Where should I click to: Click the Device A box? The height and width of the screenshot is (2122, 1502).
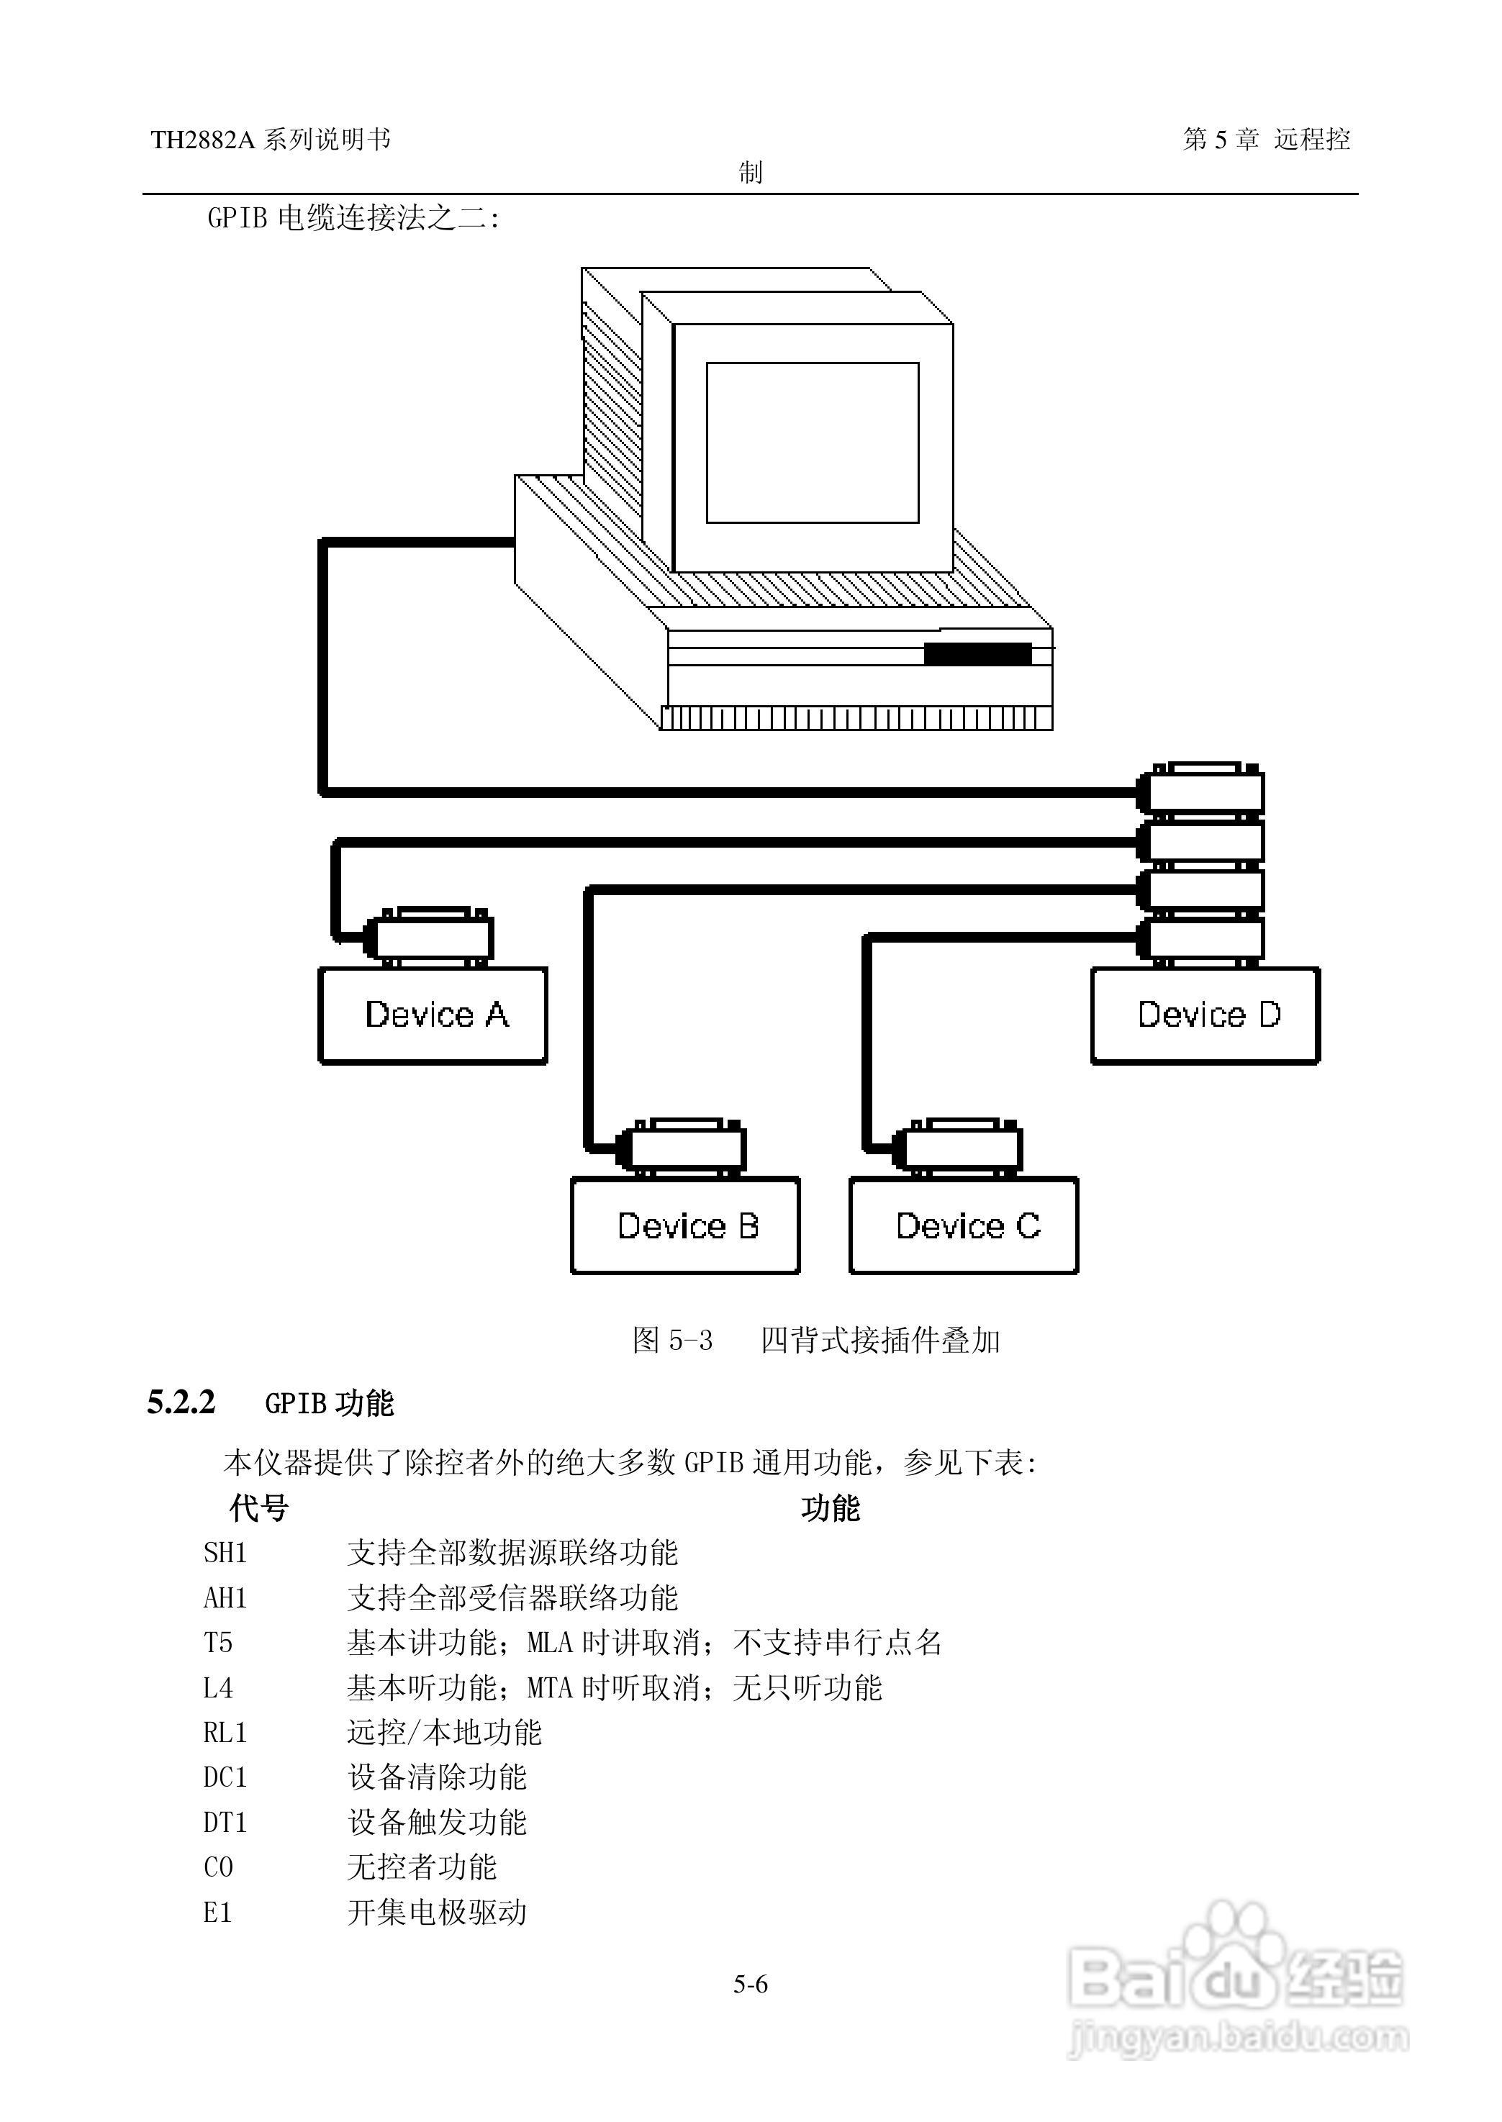pyautogui.click(x=433, y=1015)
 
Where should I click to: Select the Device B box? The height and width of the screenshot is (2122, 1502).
pyautogui.click(x=685, y=1225)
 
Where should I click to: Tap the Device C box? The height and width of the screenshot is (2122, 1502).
pyautogui.click(x=964, y=1225)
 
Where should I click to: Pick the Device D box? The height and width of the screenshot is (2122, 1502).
pyautogui.click(x=1206, y=1015)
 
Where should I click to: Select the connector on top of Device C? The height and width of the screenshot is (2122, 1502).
pyautogui.click(x=957, y=1148)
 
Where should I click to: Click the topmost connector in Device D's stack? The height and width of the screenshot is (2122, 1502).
pyautogui.click(x=1200, y=791)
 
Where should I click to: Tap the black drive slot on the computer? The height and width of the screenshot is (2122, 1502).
pyautogui.click(x=977, y=653)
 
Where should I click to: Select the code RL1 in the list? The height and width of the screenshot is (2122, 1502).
pyautogui.click(x=226, y=1733)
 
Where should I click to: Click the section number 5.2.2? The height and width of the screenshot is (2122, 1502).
pyautogui.click(x=181, y=1402)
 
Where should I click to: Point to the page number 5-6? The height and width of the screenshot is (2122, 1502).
pyautogui.click(x=751, y=1985)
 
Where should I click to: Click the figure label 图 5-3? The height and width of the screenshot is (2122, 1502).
pyautogui.click(x=672, y=1340)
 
